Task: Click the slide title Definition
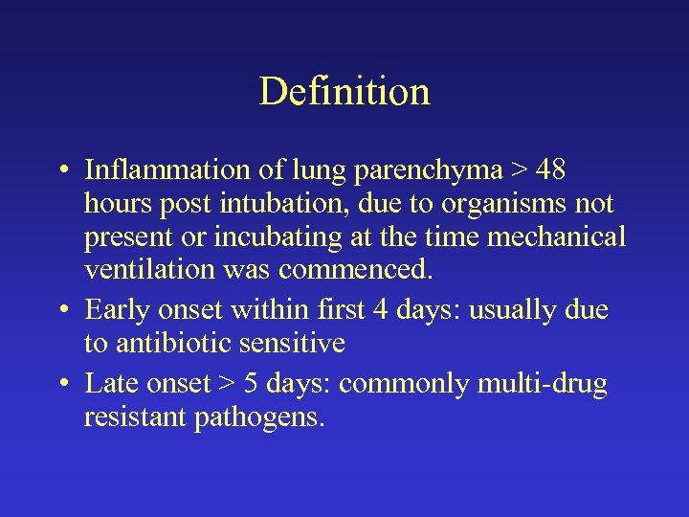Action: pyautogui.click(x=344, y=92)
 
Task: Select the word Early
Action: pyautogui.click(x=114, y=310)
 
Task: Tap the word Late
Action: pyautogui.click(x=109, y=383)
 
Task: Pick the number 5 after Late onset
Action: pyautogui.click(x=250, y=383)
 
